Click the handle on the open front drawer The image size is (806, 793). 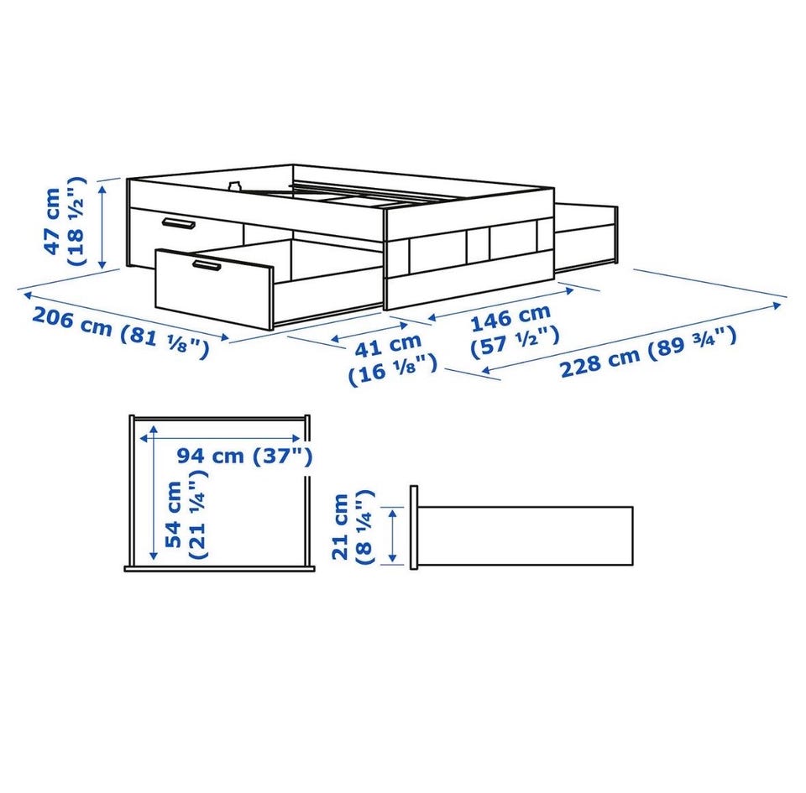click(x=207, y=265)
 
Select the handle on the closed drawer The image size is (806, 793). click(x=178, y=223)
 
